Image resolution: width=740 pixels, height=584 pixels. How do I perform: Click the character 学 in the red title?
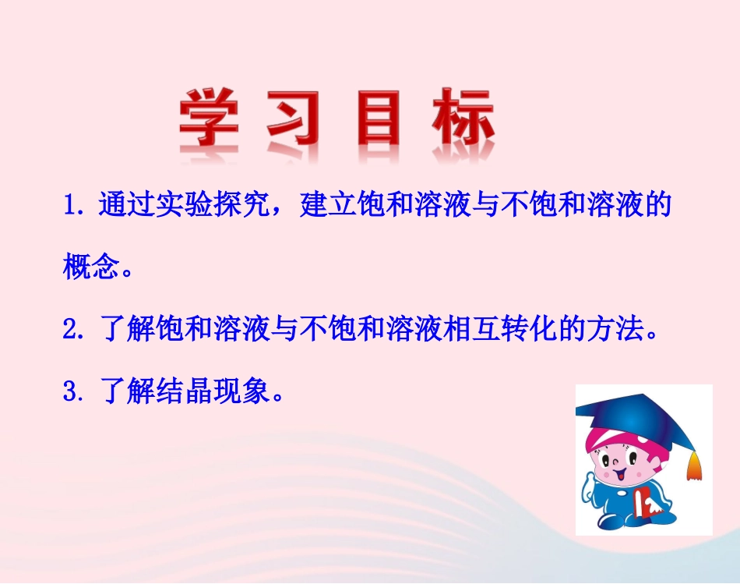click(x=209, y=121)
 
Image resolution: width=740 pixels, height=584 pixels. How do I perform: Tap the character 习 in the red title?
click(x=294, y=121)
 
